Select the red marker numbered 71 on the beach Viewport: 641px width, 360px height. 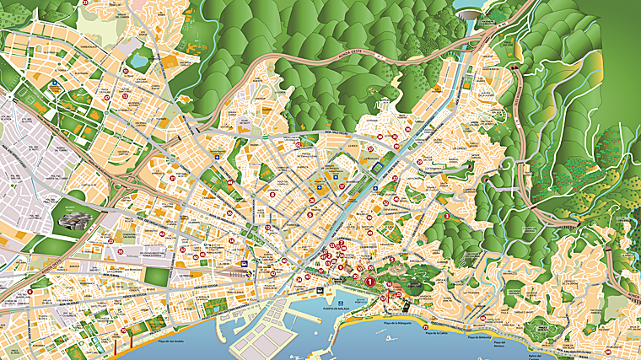pos(425,327)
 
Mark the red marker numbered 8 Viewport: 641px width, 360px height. pos(310,215)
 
